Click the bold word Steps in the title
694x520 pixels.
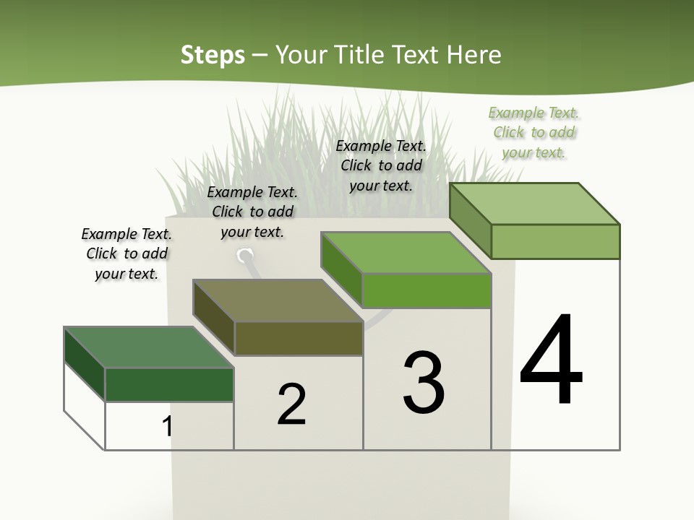pos(213,55)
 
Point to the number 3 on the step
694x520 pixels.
pos(424,383)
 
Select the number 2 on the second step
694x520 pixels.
pos(292,404)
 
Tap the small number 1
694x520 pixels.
pos(167,426)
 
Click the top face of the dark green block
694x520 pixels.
pos(148,347)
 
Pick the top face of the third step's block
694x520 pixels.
pos(406,253)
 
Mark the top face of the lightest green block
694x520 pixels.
pos(535,204)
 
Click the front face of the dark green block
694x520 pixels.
pos(169,384)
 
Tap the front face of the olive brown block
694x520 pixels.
pos(299,338)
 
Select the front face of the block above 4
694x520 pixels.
pos(555,241)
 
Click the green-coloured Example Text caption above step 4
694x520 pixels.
pos(534,132)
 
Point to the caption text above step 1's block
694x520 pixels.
pos(127,253)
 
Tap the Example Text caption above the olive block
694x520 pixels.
pos(252,212)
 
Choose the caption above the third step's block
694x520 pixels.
pos(381,165)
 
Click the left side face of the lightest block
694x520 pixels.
pos(470,220)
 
